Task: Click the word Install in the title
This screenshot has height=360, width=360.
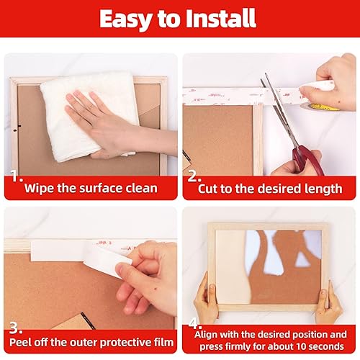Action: [225, 19]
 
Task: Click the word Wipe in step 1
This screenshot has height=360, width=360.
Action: [39, 189]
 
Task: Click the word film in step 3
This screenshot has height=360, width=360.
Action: [160, 343]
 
